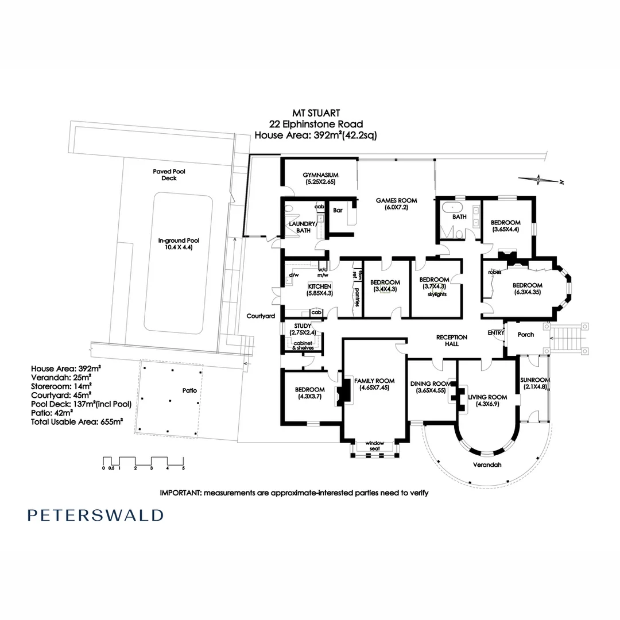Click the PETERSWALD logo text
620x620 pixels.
tap(95, 515)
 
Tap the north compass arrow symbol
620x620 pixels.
tap(540, 180)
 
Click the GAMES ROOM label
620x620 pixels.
tap(396, 200)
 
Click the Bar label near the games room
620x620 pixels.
tap(338, 211)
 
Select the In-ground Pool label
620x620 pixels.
tap(178, 241)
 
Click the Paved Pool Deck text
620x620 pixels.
tap(169, 175)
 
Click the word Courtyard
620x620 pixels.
tap(261, 316)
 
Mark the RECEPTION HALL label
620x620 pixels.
tap(452, 340)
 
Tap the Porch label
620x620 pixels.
tap(525, 334)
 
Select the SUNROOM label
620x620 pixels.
tap(535, 380)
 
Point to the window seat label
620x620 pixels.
tap(374, 445)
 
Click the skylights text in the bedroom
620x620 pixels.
tap(436, 294)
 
